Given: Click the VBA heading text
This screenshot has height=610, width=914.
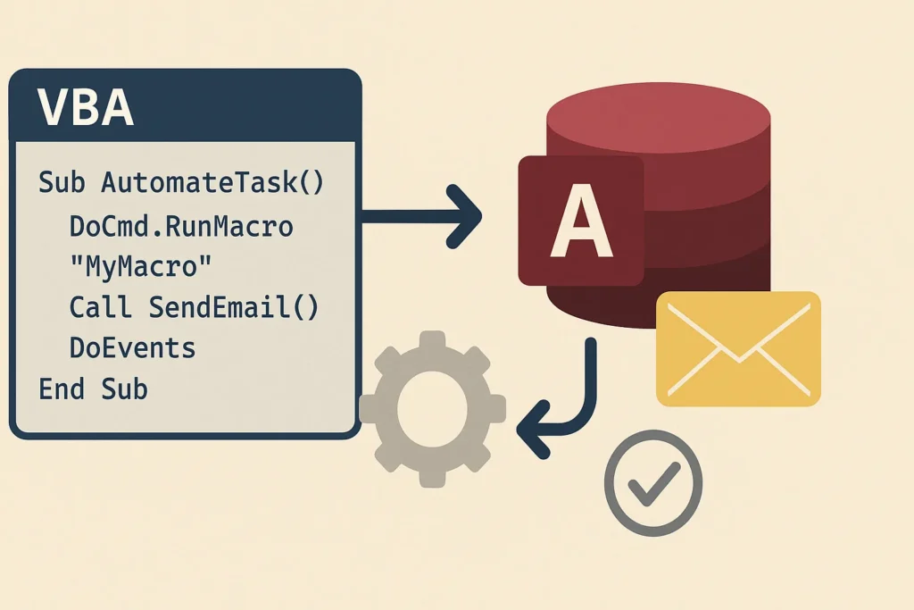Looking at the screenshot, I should pos(86,108).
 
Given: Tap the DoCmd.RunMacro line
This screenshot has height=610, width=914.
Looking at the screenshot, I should pos(181,226).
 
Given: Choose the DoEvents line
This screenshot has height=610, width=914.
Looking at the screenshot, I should pos(132,347).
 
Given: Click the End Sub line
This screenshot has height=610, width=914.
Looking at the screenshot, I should pos(93,389).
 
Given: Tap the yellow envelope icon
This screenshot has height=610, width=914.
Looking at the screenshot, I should pos(737,349).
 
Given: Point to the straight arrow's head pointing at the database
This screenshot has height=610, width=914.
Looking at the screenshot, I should pos(468,216).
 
